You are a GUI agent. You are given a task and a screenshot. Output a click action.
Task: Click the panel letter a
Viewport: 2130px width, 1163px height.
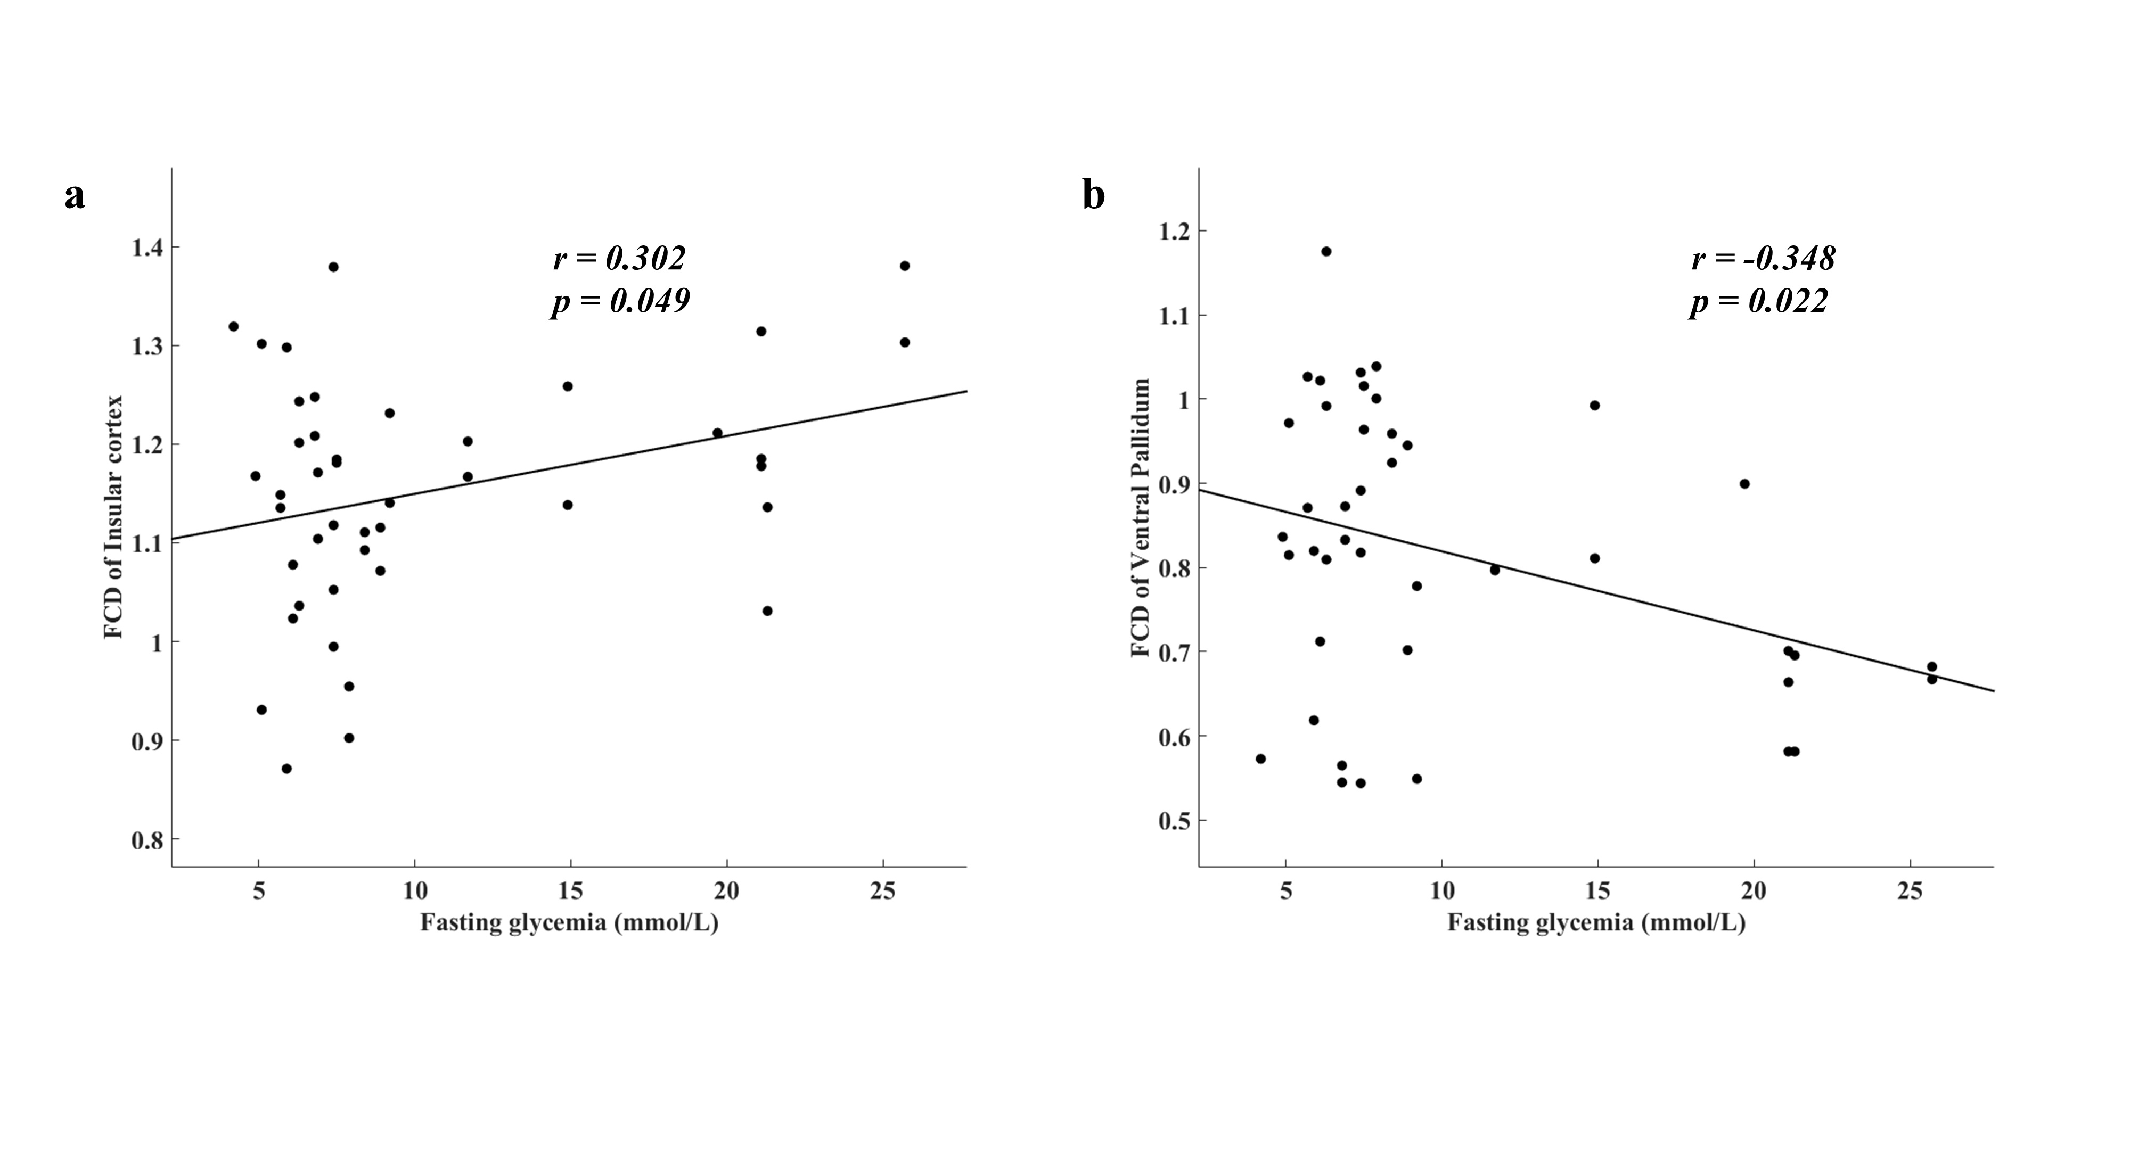coord(75,197)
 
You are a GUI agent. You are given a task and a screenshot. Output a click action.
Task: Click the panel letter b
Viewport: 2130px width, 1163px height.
coord(1093,195)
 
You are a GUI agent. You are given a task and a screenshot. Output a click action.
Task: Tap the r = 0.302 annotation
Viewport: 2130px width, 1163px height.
coord(619,258)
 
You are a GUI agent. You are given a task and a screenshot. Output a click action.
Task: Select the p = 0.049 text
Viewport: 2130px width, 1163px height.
coord(621,302)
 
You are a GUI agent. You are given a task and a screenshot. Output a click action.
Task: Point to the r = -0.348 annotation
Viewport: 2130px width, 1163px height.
coord(1764,258)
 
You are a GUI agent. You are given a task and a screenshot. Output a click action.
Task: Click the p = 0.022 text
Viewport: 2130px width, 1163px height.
coord(1759,302)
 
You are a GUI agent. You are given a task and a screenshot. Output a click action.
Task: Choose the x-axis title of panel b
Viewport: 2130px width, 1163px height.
coord(1596,922)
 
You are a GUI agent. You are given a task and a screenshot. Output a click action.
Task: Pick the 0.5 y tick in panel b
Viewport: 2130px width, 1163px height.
coord(1174,821)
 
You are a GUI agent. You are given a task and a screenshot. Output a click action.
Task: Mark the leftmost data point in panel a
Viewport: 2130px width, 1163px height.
coord(233,326)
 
